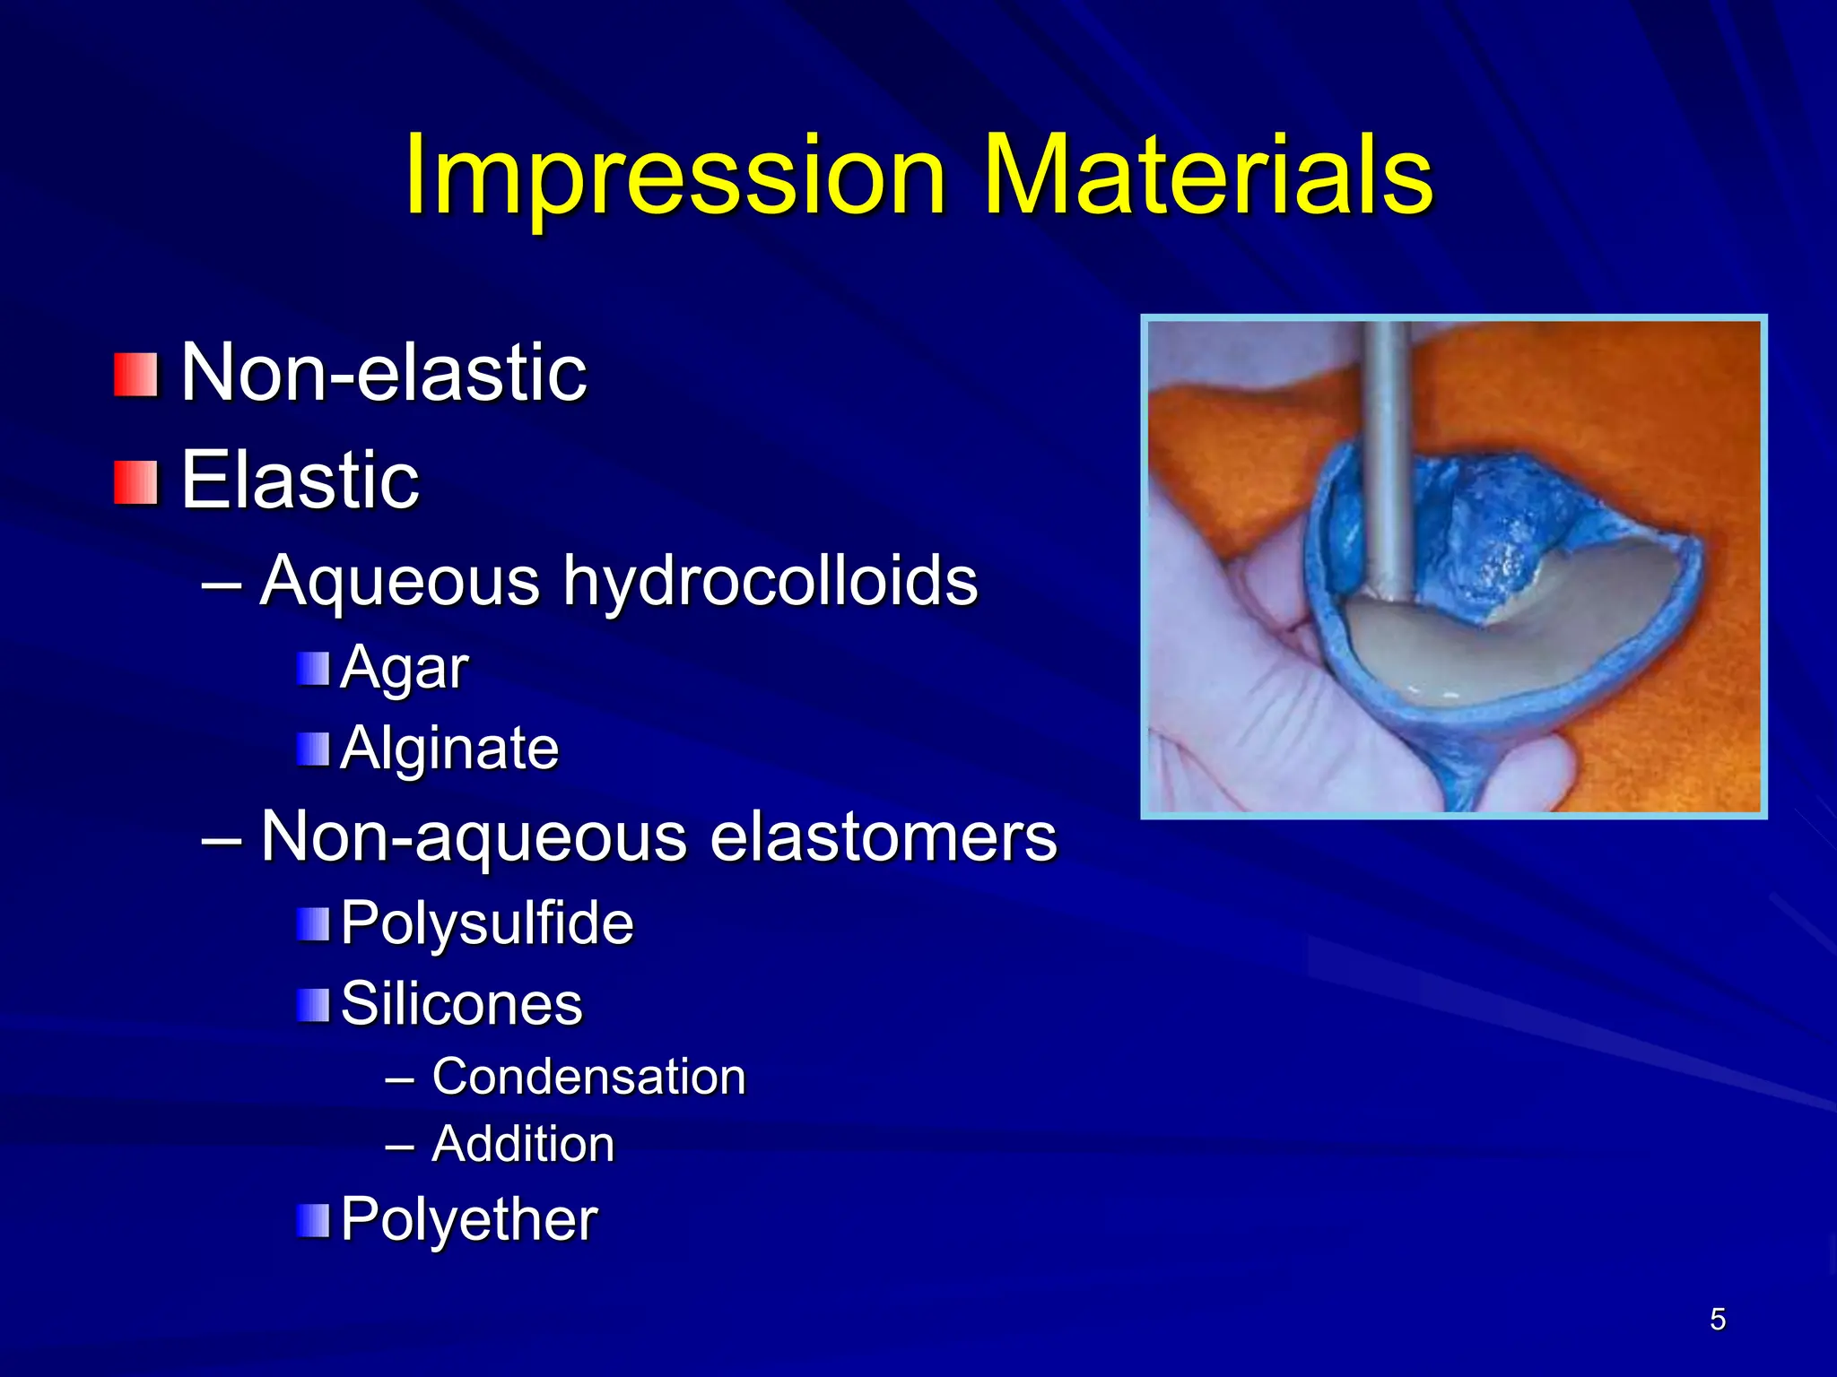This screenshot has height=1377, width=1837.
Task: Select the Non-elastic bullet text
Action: tap(383, 373)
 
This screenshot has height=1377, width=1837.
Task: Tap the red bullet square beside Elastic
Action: tap(135, 482)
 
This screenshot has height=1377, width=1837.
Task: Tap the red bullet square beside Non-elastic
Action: tap(135, 375)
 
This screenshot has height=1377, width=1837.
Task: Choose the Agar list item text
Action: tap(404, 669)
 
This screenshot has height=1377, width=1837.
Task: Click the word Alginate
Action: tap(449, 749)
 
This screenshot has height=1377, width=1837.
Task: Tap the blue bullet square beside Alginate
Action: tap(313, 749)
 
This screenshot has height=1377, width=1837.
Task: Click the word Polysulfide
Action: tap(487, 923)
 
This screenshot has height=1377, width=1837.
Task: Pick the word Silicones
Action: tap(461, 1004)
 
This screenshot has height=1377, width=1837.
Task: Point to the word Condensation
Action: tap(588, 1077)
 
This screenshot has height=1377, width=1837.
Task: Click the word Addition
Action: tap(523, 1145)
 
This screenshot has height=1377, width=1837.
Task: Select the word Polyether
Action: tap(468, 1220)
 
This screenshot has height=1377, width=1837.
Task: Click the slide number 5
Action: tap(1717, 1320)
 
